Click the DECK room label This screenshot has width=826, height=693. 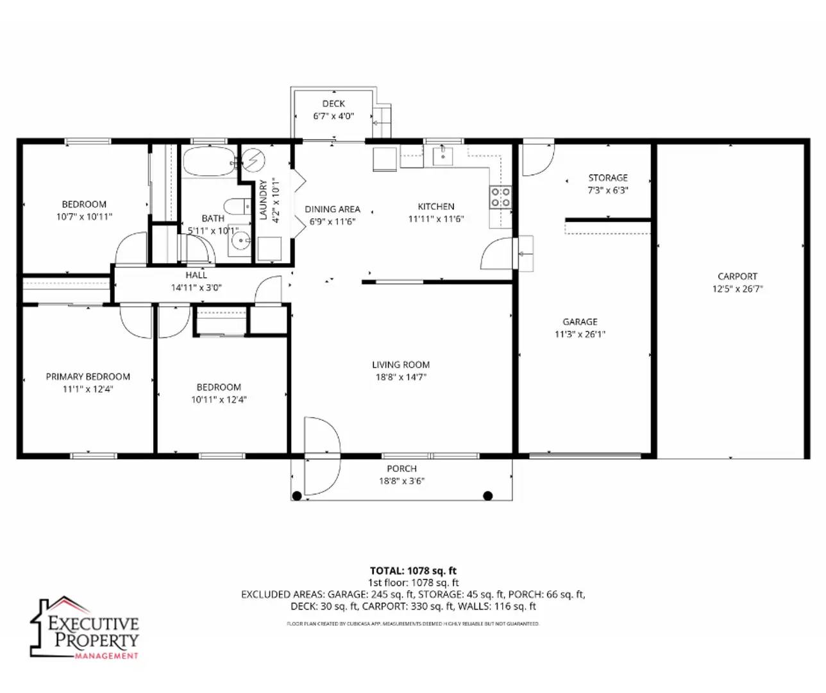333,103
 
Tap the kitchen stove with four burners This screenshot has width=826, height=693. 500,197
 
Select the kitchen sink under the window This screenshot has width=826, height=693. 442,155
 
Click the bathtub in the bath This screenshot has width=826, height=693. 209,162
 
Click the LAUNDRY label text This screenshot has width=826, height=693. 263,200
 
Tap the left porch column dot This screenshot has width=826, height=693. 297,495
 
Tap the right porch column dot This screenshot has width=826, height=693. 487,495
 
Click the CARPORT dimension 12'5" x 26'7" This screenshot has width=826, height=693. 737,289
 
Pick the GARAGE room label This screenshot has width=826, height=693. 580,321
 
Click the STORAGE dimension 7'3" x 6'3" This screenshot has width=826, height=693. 608,191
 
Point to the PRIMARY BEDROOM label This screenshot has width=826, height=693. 88,377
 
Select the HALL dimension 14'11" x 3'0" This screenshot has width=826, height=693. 196,287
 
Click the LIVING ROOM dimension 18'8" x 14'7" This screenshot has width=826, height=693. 401,377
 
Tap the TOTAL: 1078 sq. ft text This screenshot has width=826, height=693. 413,570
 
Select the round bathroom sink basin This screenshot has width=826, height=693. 241,242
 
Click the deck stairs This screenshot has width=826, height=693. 382,121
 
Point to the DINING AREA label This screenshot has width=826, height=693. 332,209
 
